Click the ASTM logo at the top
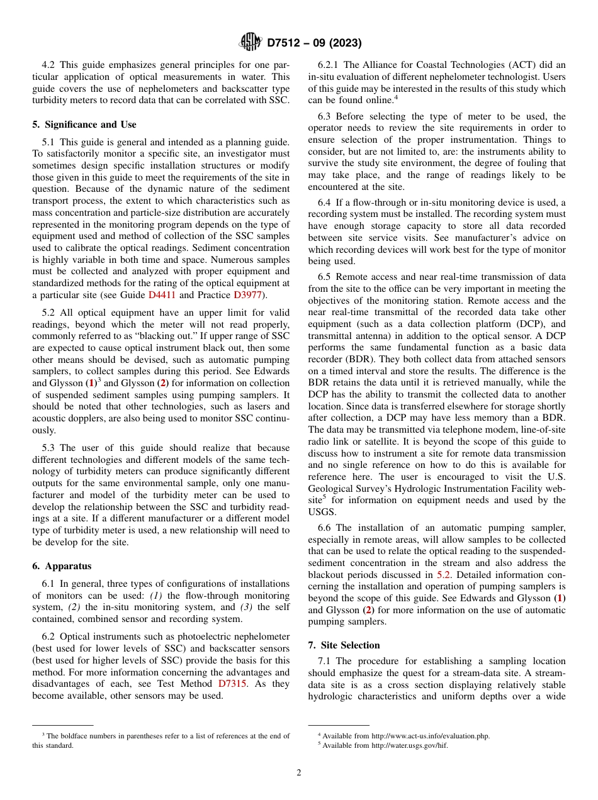tap(251, 43)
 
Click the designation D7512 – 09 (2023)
tap(314, 43)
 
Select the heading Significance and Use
tap(84, 125)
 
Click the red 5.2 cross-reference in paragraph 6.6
tap(444, 574)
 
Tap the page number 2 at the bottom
tap(299, 773)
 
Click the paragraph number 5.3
tap(50, 448)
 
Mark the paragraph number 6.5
tap(325, 277)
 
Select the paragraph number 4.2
tap(50, 65)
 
